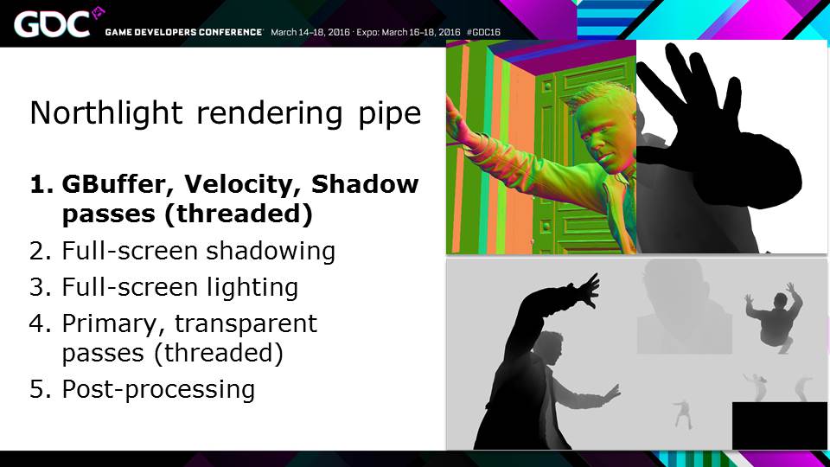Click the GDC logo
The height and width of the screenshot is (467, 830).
(58, 23)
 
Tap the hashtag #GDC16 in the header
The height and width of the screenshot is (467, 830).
(483, 32)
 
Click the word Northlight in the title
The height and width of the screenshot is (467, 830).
(106, 113)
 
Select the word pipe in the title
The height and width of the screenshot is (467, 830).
(390, 115)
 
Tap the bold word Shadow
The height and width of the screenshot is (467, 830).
(365, 183)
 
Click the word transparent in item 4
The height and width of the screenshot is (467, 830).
(246, 323)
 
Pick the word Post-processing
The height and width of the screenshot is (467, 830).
(158, 390)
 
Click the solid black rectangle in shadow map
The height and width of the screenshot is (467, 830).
(779, 425)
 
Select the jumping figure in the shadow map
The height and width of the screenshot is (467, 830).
(775, 317)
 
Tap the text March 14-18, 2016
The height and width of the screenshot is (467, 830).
(310, 32)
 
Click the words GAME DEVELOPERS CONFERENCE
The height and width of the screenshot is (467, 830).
(183, 32)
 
